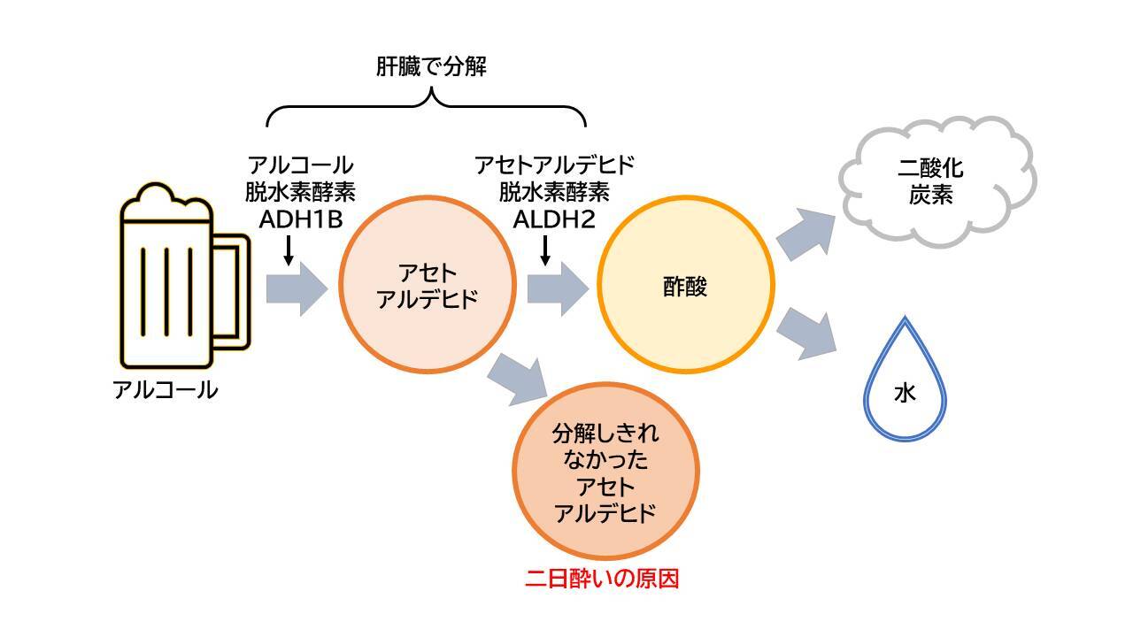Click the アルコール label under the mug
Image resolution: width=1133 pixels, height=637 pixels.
[x=166, y=390]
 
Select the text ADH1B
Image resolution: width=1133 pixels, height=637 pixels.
[x=301, y=219]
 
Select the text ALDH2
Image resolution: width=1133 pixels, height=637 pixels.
[x=554, y=219]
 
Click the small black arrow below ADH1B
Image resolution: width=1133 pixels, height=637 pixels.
[x=289, y=250]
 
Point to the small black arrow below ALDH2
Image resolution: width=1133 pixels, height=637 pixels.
[x=544, y=250]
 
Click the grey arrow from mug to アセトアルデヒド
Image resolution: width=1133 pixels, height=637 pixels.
[x=297, y=288]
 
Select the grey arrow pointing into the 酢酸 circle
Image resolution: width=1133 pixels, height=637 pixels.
[x=558, y=288]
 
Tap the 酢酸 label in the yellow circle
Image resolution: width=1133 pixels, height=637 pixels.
[x=685, y=287]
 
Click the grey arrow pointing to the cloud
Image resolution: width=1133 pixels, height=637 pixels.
[x=805, y=234]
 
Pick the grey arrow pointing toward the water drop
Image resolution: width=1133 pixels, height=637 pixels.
[x=805, y=334]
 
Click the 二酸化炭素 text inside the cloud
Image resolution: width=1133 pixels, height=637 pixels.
[x=930, y=181]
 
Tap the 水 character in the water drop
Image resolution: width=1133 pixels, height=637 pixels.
[x=905, y=393]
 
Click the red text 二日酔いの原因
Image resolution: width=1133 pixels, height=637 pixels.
[x=602, y=579]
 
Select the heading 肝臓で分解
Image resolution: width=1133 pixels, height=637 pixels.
[x=431, y=66]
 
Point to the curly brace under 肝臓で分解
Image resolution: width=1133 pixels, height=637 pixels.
[x=426, y=105]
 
